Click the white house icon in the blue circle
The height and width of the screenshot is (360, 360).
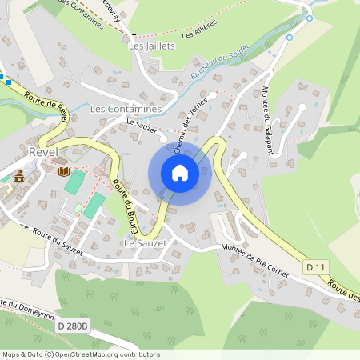point(180,173)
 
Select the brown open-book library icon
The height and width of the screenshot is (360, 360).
point(62,170)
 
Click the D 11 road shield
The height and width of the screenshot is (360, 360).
point(315,266)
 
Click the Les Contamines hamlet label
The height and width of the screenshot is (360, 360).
point(126,108)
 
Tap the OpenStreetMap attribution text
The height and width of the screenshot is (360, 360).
point(80,354)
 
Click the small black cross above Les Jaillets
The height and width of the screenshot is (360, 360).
point(134,35)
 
